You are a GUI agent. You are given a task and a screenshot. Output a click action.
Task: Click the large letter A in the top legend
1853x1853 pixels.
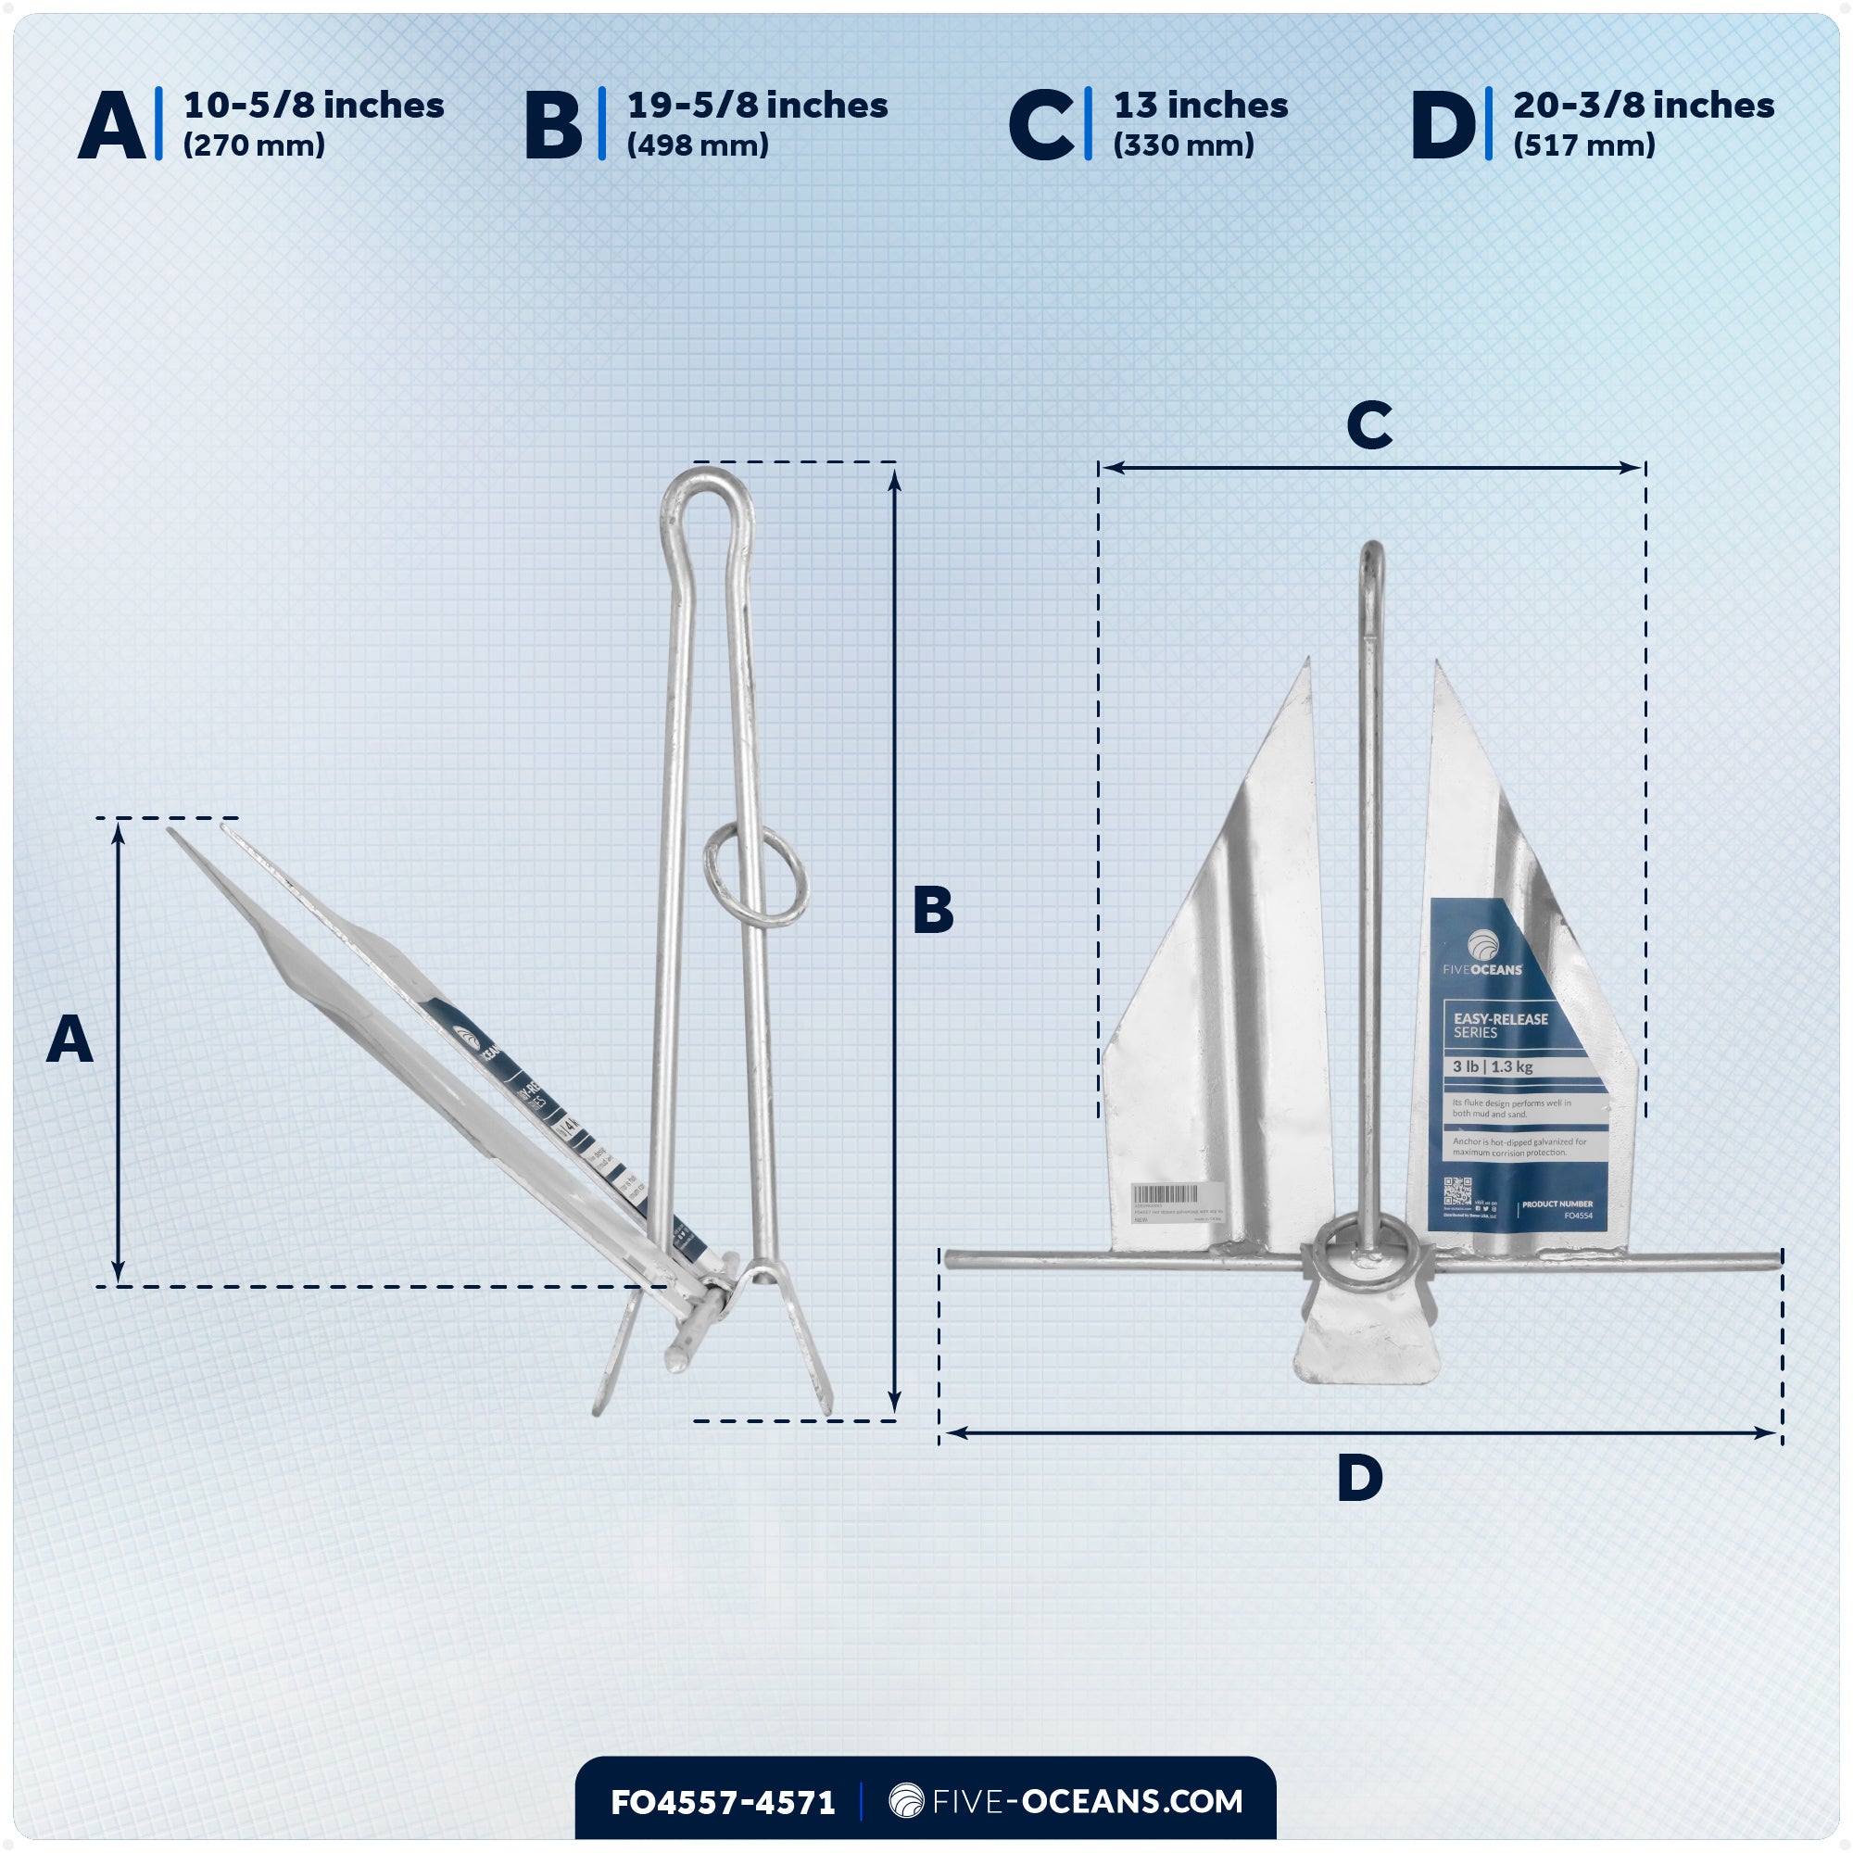click(112, 125)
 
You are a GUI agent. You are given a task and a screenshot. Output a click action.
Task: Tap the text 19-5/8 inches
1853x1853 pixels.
click(757, 106)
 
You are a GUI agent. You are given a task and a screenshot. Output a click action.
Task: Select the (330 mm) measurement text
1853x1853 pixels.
click(1183, 145)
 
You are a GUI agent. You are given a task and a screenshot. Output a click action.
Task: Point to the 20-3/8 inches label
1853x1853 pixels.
click(1643, 106)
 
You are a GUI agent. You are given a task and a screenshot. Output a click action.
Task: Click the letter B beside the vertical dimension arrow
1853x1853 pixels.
click(933, 910)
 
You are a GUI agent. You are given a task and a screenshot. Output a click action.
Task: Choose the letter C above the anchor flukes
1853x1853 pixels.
click(1368, 425)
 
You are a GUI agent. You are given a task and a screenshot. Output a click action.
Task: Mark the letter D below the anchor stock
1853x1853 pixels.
click(1360, 1478)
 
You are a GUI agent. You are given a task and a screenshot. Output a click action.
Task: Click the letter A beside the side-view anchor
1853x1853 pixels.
click(70, 1040)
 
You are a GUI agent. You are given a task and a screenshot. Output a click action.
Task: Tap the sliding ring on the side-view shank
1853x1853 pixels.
click(756, 877)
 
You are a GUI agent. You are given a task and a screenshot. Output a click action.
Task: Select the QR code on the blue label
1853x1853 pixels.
click(1456, 1192)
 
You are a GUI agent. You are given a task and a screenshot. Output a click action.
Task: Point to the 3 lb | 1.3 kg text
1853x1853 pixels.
click(1493, 1066)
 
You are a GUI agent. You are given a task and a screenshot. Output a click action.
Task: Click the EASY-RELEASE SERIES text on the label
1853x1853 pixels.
click(1500, 1026)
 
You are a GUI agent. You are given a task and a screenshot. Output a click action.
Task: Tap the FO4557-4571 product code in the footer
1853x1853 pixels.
click(723, 1802)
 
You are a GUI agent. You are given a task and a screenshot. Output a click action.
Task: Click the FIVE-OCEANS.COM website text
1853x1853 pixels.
click(1087, 1801)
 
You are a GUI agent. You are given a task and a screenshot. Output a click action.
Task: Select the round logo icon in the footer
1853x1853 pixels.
click(905, 1801)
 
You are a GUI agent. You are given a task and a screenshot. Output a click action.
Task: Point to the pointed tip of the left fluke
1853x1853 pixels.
click(1307, 662)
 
